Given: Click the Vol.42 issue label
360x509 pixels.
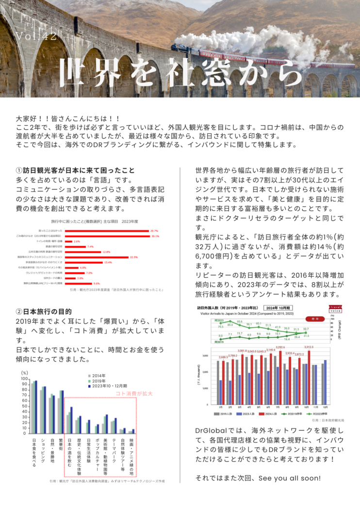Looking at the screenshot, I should tap(36, 37).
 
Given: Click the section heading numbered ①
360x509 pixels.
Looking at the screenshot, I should tap(75, 171).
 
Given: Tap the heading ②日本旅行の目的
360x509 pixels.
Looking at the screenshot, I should tap(44, 312).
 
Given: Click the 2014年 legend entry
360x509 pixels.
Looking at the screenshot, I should tap(99, 376).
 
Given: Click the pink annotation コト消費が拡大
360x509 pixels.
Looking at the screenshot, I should tap(134, 394).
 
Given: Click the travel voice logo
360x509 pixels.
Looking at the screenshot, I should tap(335, 309).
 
